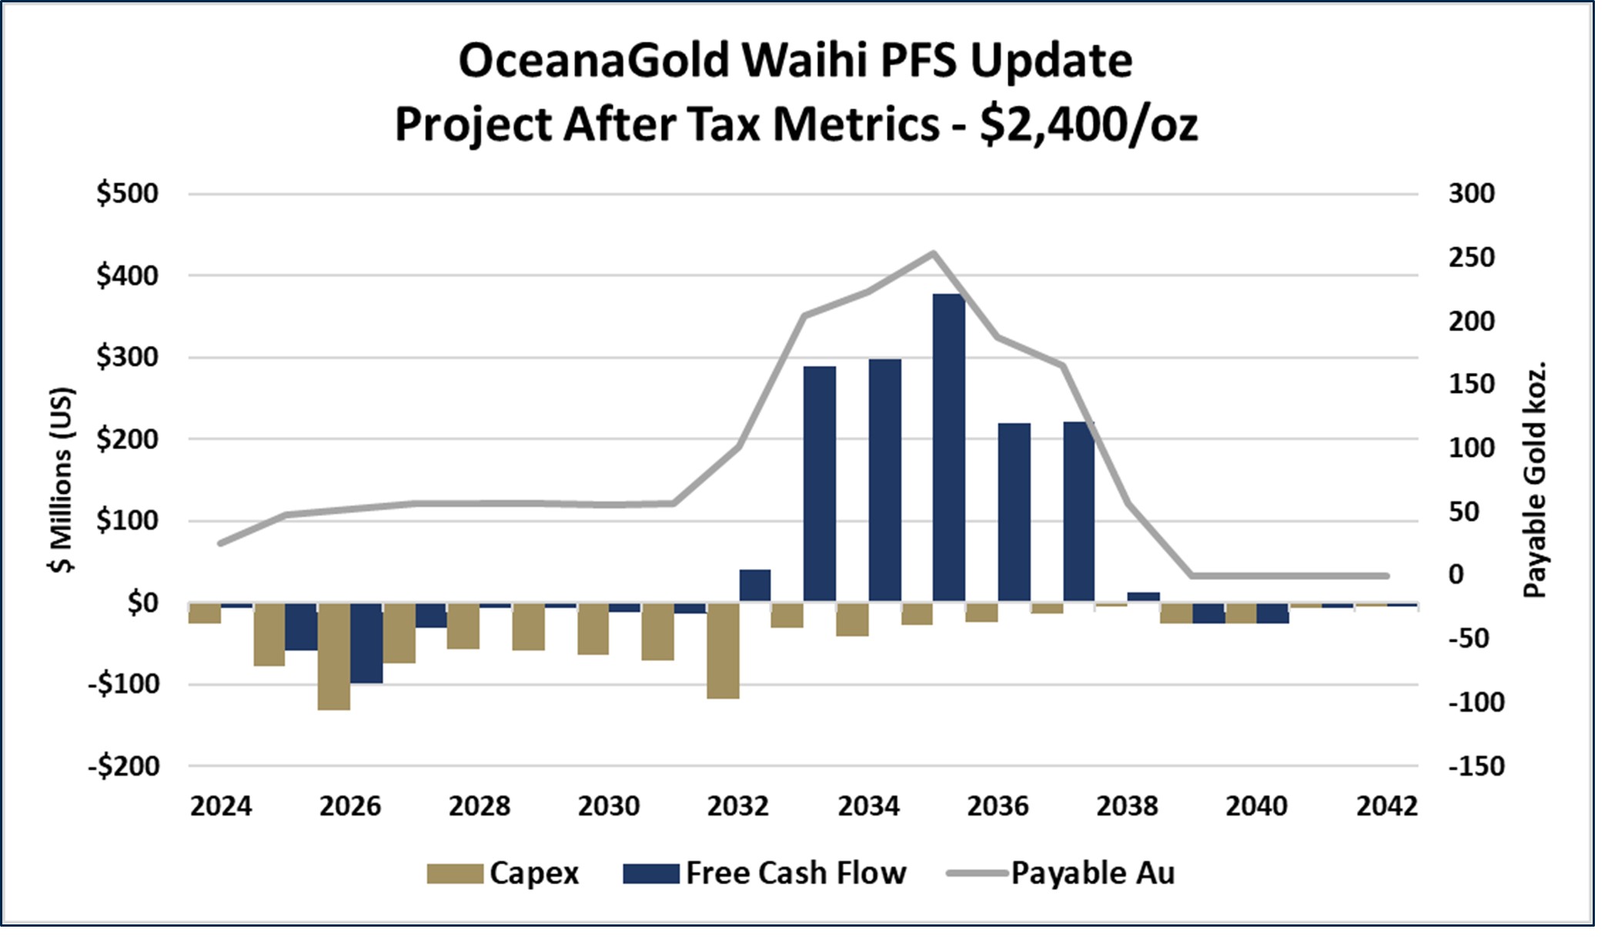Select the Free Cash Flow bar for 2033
(819, 483)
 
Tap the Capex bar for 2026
(334, 656)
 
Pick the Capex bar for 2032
(723, 651)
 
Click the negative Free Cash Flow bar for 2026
(366, 642)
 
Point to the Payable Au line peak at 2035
(933, 253)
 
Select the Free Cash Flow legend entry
(765, 873)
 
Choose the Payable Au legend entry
(1061, 873)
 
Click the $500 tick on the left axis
(128, 193)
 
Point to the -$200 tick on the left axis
(124, 766)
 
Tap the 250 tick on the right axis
(1471, 257)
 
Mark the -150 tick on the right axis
(1476, 766)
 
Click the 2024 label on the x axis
(221, 806)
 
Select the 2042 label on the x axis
(1386, 806)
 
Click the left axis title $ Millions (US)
(62, 479)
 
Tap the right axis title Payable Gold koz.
(1535, 479)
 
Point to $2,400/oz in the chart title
(1088, 124)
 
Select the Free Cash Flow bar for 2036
(1014, 512)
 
